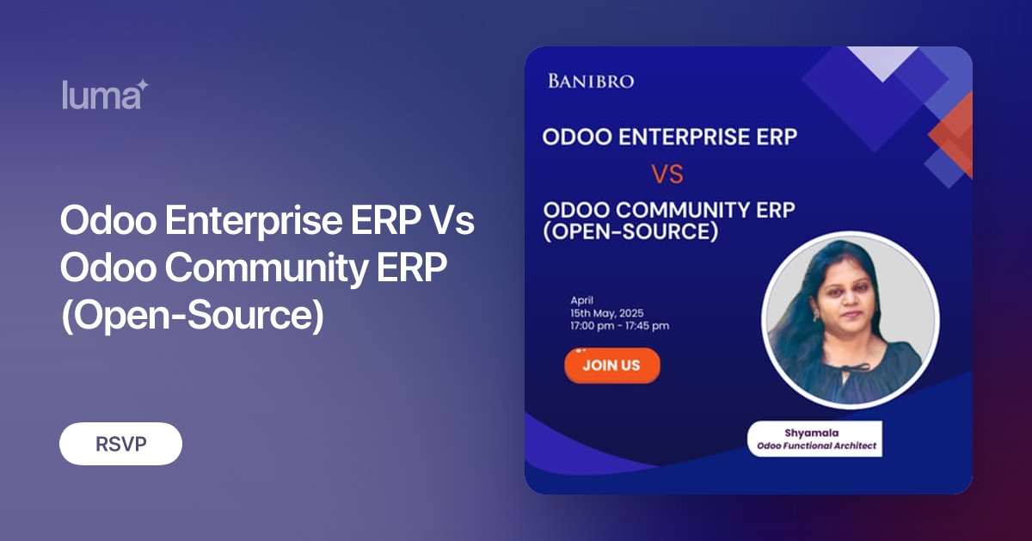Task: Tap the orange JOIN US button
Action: pyautogui.click(x=611, y=365)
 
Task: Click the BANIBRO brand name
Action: pyautogui.click(x=591, y=82)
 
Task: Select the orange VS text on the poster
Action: pyautogui.click(x=666, y=175)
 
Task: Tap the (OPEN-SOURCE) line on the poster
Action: pyautogui.click(x=630, y=232)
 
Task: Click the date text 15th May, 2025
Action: pyautogui.click(x=607, y=313)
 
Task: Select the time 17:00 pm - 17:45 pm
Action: pyautogui.click(x=619, y=326)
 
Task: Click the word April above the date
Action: pyautogui.click(x=582, y=300)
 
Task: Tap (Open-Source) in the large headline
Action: pyautogui.click(x=191, y=317)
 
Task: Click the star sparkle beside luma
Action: pyautogui.click(x=143, y=86)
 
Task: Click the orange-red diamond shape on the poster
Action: pyautogui.click(x=955, y=133)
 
